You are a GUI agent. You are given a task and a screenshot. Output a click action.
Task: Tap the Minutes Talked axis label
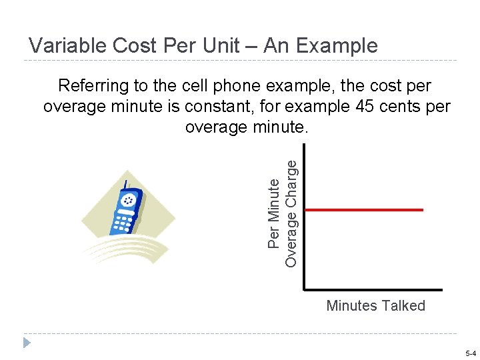375,305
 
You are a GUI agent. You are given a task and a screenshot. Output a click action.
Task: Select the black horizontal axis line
373,290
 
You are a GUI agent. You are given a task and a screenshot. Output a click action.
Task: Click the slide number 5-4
470,353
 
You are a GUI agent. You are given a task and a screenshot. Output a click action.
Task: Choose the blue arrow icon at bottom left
26,343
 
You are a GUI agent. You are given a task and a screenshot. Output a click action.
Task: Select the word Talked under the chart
403,305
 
